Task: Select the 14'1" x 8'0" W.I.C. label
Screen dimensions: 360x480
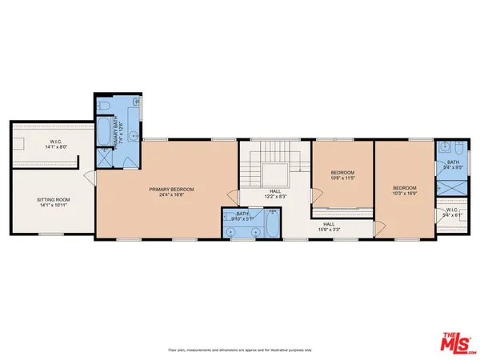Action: coord(50,146)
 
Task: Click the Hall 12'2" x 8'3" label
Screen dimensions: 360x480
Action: coord(274,194)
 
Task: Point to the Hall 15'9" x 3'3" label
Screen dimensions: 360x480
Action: coord(328,228)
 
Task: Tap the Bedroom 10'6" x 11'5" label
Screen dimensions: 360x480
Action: coord(342,175)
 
